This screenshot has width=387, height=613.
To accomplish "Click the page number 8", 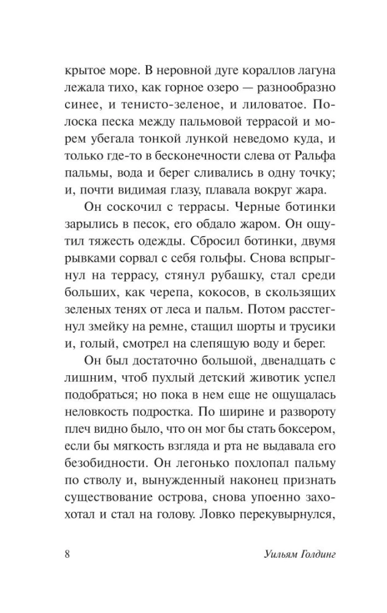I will click(x=67, y=555).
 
